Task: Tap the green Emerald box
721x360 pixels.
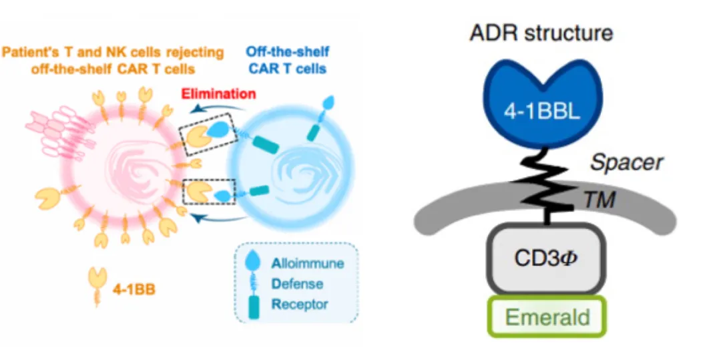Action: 547,317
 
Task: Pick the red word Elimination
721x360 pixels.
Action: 218,94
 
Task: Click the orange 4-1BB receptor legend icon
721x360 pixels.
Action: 97,286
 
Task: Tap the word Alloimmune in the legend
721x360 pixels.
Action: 308,263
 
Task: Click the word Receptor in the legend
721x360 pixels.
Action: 300,304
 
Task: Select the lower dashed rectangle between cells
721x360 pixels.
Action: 209,192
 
